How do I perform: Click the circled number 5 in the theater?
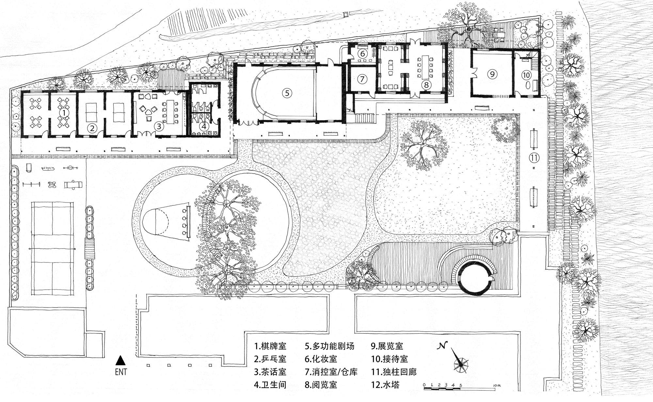[287, 93]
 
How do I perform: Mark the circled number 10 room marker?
[526, 75]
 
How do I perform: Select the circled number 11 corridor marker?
[534, 158]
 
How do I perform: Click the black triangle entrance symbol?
[121, 361]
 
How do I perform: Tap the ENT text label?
[121, 372]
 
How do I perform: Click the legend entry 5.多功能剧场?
[330, 346]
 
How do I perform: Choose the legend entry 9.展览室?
[387, 346]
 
